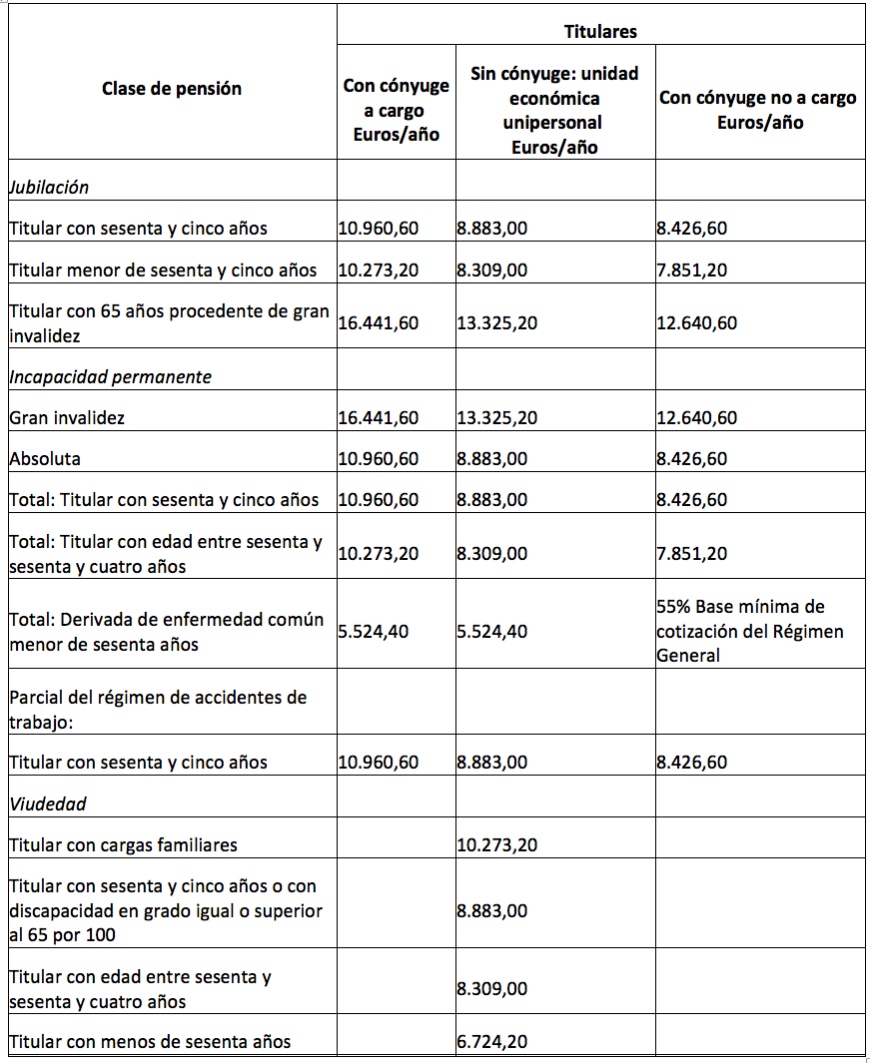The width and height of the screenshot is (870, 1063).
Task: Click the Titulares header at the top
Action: click(600, 32)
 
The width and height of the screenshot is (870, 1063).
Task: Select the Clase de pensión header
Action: click(172, 89)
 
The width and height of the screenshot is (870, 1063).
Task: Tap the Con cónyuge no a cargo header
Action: click(759, 110)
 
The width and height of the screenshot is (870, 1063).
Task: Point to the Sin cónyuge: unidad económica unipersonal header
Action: click(554, 110)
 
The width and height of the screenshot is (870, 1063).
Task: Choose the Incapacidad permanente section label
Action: click(110, 377)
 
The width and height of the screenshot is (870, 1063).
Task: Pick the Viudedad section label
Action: click(48, 803)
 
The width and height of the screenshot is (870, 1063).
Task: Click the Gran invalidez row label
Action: click(68, 418)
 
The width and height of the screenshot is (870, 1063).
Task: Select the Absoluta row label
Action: click(46, 459)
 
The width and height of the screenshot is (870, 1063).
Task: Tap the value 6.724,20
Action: click(493, 1042)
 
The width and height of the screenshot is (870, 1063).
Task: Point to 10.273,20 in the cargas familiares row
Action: click(497, 845)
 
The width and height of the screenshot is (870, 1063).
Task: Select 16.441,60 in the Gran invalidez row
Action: click(379, 418)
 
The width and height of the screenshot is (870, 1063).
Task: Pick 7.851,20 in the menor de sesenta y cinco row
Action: click(691, 269)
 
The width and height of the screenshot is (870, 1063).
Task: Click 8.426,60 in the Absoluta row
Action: click(691, 459)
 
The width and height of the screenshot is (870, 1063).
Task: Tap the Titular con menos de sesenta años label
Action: click(151, 1042)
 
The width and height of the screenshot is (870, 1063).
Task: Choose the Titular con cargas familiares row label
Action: click(124, 845)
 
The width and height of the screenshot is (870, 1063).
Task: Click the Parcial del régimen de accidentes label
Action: click(158, 709)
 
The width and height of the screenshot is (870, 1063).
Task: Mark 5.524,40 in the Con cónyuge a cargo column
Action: click(374, 632)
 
